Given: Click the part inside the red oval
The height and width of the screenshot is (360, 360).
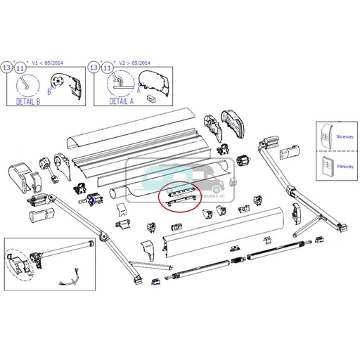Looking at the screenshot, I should coord(181,195).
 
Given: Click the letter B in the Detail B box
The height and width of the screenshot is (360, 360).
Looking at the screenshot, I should coord(49,91).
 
